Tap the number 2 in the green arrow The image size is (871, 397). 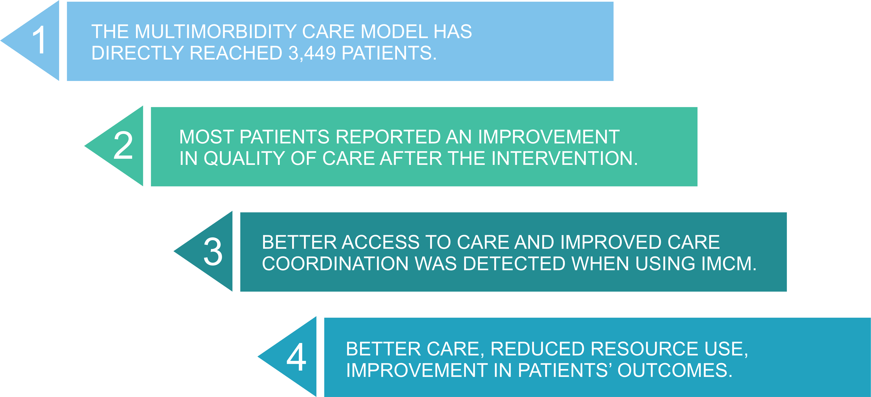pyautogui.click(x=123, y=145)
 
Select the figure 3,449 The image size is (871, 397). pyautogui.click(x=312, y=53)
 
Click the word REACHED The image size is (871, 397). pyautogui.click(x=236, y=53)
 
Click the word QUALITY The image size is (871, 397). pyautogui.click(x=244, y=159)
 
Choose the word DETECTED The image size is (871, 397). pyautogui.click(x=514, y=264)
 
